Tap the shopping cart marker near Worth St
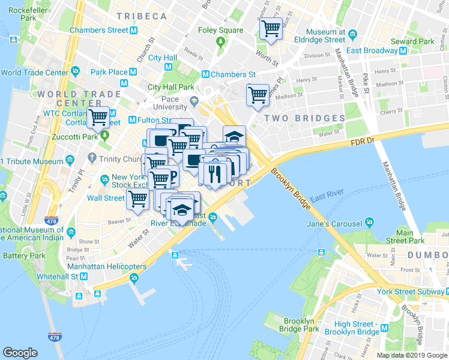(x=271, y=28)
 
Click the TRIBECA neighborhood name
(x=142, y=16)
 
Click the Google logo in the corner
(x=20, y=353)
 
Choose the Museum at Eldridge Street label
(x=326, y=36)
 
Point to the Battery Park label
(x=24, y=256)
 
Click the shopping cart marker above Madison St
(x=258, y=94)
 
